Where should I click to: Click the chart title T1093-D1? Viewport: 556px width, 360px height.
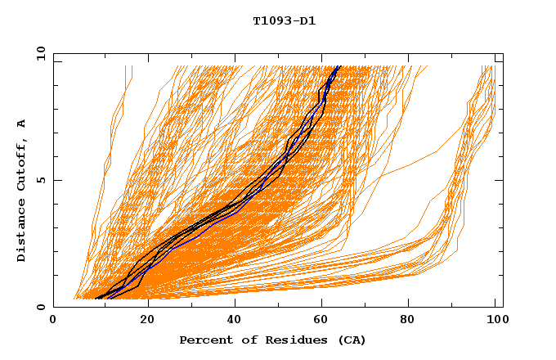285,21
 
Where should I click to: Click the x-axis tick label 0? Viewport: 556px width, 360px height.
53,321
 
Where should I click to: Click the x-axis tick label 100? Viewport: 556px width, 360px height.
495,321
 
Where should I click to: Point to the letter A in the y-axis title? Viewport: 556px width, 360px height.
21,124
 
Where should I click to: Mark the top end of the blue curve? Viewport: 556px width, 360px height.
338,66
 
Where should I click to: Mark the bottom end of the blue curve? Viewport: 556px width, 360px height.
106,297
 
